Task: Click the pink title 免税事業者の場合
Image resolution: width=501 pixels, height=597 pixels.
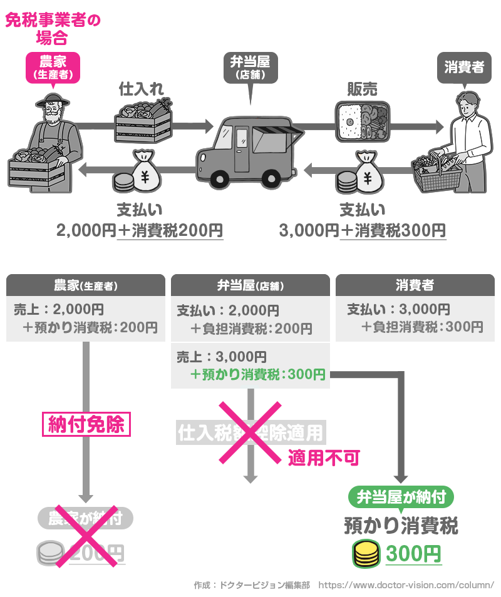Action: [x=53, y=29]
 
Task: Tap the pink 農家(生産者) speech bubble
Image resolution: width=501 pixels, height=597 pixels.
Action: [x=53, y=66]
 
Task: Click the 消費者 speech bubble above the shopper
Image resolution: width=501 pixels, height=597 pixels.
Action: [x=464, y=67]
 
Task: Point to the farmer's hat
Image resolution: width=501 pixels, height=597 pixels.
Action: [x=52, y=99]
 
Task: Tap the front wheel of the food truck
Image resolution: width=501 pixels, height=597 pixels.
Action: [x=219, y=178]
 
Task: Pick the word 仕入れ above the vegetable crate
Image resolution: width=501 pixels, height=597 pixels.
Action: [x=142, y=89]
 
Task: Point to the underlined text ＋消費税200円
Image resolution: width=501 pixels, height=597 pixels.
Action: [x=170, y=231]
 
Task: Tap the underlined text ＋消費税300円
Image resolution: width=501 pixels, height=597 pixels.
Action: [x=393, y=231]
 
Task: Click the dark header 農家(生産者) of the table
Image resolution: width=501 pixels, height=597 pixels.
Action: [x=85, y=285]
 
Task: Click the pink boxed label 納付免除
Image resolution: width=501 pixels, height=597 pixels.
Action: [x=86, y=425]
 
